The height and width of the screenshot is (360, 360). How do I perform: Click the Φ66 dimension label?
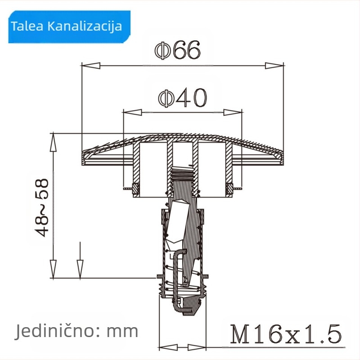[x=177, y=50]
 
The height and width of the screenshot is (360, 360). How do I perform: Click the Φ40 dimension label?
[x=183, y=98]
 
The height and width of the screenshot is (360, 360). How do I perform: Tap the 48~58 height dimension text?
[x=42, y=207]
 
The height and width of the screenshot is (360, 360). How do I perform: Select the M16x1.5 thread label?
[x=286, y=334]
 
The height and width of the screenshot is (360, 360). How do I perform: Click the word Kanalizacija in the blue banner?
[x=85, y=26]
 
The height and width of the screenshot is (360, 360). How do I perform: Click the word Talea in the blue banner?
[x=27, y=26]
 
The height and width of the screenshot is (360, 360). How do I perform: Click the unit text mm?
[x=122, y=332]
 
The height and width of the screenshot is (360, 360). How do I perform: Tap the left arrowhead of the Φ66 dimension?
[x=91, y=65]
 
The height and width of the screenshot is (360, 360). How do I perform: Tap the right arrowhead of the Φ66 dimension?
[x=274, y=65]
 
